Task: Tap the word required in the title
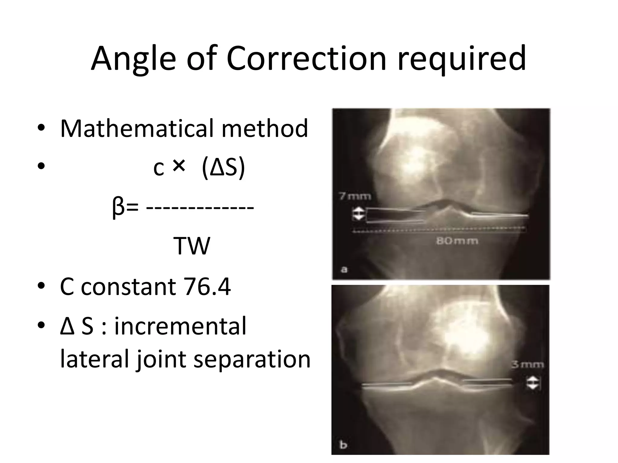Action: click(x=461, y=59)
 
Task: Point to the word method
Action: click(x=265, y=129)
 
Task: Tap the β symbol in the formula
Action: click(x=118, y=207)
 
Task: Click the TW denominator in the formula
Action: click(x=191, y=246)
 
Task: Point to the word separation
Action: click(x=252, y=360)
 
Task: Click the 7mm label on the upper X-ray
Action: click(x=355, y=197)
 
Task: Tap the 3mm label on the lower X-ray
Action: click(x=527, y=365)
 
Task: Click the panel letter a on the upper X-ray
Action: click(x=344, y=269)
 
